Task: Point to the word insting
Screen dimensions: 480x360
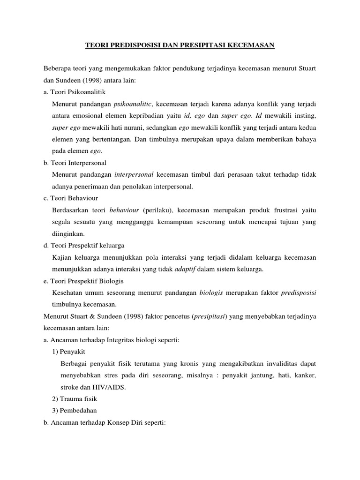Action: click(x=305, y=116)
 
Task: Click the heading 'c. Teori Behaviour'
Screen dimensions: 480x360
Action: click(x=70, y=198)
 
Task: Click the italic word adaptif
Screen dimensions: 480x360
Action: click(x=185, y=269)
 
